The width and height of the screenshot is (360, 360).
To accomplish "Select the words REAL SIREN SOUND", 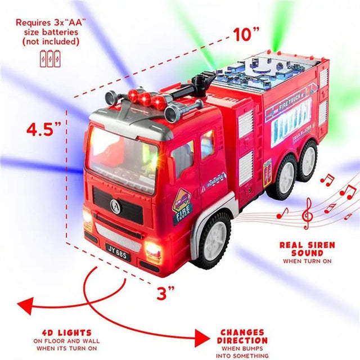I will tap(307, 249).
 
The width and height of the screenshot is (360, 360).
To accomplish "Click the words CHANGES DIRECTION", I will tap(242, 336).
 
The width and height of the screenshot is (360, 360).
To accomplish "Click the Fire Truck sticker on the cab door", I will tap(182, 202).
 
